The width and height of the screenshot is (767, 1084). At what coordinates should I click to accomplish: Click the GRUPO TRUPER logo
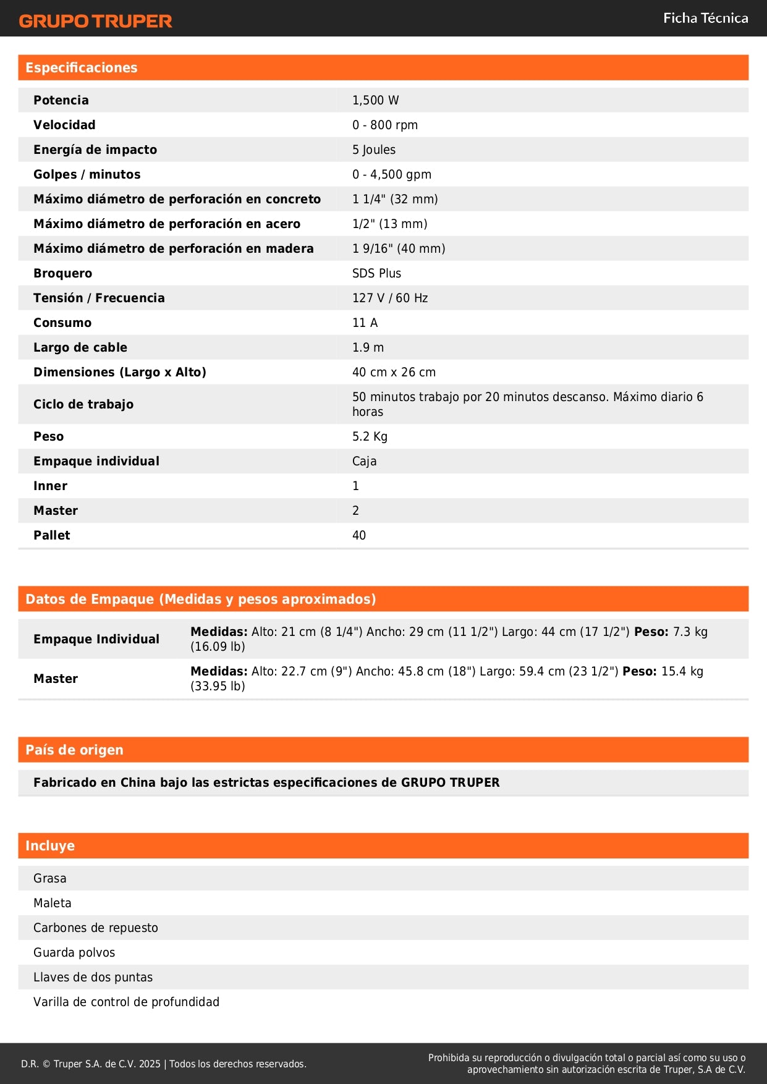point(95,21)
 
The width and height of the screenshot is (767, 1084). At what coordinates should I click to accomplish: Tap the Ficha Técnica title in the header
point(705,18)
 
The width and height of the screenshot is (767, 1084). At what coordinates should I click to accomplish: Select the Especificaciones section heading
point(82,67)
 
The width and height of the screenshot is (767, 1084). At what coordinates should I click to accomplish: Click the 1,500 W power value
point(375,100)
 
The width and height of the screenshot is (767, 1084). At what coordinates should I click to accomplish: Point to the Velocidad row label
point(64,125)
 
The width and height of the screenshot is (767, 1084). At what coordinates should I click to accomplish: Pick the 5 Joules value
point(373,150)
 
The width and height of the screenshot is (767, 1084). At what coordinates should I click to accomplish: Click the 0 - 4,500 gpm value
point(391,174)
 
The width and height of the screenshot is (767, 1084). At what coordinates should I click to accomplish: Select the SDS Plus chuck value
point(376,273)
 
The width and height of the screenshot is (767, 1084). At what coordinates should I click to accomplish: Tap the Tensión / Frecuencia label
point(99,298)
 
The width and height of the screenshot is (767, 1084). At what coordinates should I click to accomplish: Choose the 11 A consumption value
point(365,323)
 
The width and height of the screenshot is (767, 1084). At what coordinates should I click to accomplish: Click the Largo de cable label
point(80,347)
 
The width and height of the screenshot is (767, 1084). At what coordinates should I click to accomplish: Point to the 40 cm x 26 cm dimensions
point(394,372)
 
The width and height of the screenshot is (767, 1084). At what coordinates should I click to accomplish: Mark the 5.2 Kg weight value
point(370,436)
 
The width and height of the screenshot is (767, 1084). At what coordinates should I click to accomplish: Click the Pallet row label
point(52,535)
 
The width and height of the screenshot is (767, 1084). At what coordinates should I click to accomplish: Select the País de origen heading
point(74,750)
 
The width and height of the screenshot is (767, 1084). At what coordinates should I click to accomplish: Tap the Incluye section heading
point(50,845)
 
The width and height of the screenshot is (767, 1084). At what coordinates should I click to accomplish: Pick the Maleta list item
point(53,903)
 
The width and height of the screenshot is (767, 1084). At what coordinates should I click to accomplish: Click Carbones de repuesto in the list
point(96,928)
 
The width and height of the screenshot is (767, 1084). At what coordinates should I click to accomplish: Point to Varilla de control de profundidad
point(126,1002)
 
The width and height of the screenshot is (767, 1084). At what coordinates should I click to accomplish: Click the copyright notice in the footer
point(163,1064)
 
